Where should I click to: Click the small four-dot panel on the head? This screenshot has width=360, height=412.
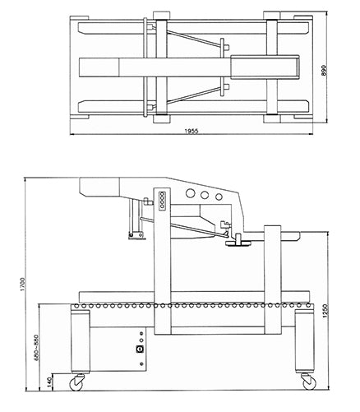point(163,199)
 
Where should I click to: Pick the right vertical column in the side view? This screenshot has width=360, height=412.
point(270,288)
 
